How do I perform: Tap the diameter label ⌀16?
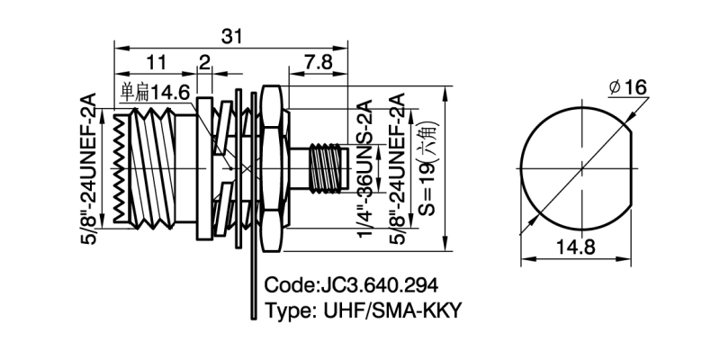[626, 87]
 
